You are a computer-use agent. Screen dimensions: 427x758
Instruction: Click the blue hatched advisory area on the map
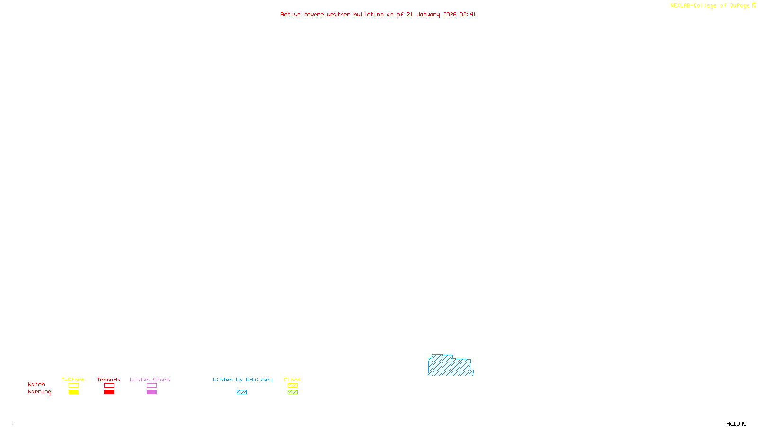pyautogui.click(x=449, y=366)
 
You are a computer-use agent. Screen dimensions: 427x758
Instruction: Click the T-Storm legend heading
pyautogui.click(x=73, y=380)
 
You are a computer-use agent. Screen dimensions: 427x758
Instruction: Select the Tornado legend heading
pyautogui.click(x=108, y=380)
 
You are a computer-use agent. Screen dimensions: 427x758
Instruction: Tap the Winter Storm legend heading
pyautogui.click(x=150, y=380)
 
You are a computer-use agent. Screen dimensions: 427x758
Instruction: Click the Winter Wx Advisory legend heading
pyautogui.click(x=243, y=380)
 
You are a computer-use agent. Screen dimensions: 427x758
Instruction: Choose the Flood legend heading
pyautogui.click(x=292, y=380)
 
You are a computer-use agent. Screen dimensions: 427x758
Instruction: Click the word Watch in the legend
pyautogui.click(x=36, y=384)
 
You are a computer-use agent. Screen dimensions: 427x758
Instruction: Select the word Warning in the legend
pyautogui.click(x=39, y=392)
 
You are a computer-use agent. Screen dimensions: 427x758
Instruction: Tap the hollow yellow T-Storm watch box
pyautogui.click(x=73, y=386)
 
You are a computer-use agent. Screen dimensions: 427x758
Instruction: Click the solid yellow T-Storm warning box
pyautogui.click(x=73, y=392)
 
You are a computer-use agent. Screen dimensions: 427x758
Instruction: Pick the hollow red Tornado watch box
pyautogui.click(x=109, y=386)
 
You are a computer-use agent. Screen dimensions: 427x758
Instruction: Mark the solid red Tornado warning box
pyautogui.click(x=109, y=392)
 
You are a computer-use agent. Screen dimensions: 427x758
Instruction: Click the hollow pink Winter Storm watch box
pyautogui.click(x=152, y=386)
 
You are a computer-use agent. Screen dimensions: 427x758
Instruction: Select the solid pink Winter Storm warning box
pyautogui.click(x=152, y=392)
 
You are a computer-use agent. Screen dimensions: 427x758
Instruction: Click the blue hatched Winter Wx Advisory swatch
pyautogui.click(x=242, y=392)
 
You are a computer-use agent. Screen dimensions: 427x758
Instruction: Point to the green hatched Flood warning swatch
pyautogui.click(x=292, y=392)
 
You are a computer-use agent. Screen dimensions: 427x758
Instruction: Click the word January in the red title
pyautogui.click(x=428, y=15)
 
